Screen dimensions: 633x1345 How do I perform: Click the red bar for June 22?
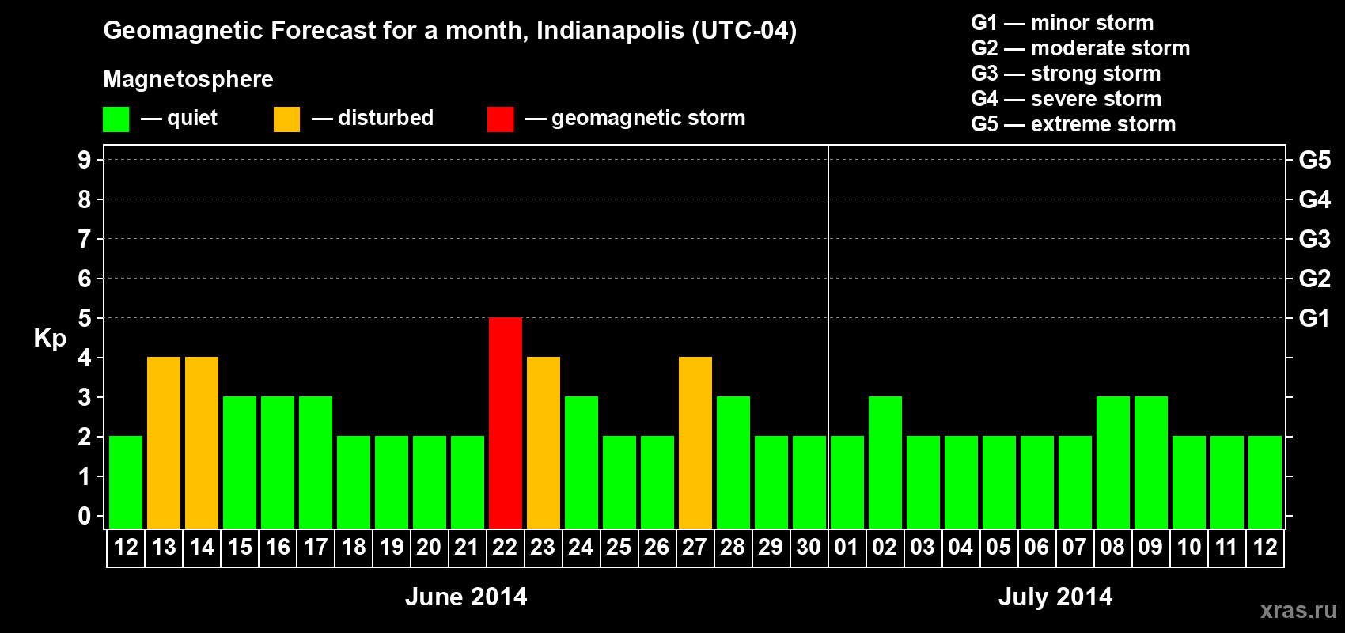506,423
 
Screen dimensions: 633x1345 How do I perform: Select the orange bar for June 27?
695,442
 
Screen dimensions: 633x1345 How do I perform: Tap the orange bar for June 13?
164,442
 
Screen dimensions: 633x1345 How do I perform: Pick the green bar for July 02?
885,462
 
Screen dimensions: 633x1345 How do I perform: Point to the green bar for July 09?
1151,462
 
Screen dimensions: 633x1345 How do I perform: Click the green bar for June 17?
316,462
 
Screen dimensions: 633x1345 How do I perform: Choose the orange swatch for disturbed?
286,119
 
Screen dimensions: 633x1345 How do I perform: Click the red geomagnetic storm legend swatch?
500,119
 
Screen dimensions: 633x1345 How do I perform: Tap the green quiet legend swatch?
116,119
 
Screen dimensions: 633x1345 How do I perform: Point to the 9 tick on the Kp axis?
85,160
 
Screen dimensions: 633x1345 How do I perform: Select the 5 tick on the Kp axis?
85,318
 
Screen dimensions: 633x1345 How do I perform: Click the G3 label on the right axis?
1314,239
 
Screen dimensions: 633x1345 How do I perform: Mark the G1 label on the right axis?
1314,318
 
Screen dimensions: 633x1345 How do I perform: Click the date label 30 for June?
809,547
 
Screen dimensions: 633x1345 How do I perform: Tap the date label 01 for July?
847,547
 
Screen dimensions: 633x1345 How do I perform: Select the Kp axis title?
50,339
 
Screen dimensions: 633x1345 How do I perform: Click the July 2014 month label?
1055,597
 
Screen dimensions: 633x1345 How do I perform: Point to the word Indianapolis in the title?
610,31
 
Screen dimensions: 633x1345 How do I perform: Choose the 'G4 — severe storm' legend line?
1067,99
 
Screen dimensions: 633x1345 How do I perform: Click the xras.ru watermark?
1298,610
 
